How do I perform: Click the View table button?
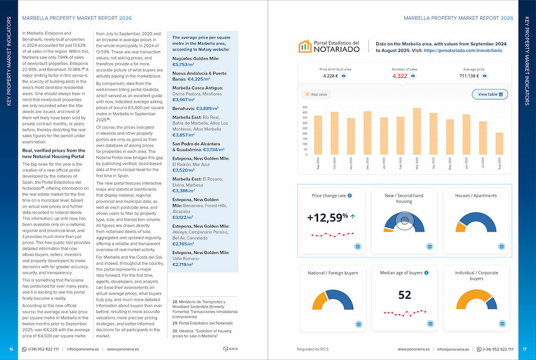pos(490,94)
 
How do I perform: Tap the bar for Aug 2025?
pos(499,143)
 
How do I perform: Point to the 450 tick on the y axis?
pos(305,108)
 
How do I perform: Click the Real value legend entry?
pos(316,94)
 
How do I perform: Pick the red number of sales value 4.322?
pos(400,76)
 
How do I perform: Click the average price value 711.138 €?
pos(469,76)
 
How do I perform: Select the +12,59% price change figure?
pos(328,218)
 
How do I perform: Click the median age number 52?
pos(404,295)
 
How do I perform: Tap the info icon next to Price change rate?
pos(350,195)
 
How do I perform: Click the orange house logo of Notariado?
pos(305,46)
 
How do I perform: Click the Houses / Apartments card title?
pos(476,195)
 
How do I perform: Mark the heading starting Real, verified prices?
pos(54,154)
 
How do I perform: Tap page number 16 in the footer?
pos(11,349)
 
